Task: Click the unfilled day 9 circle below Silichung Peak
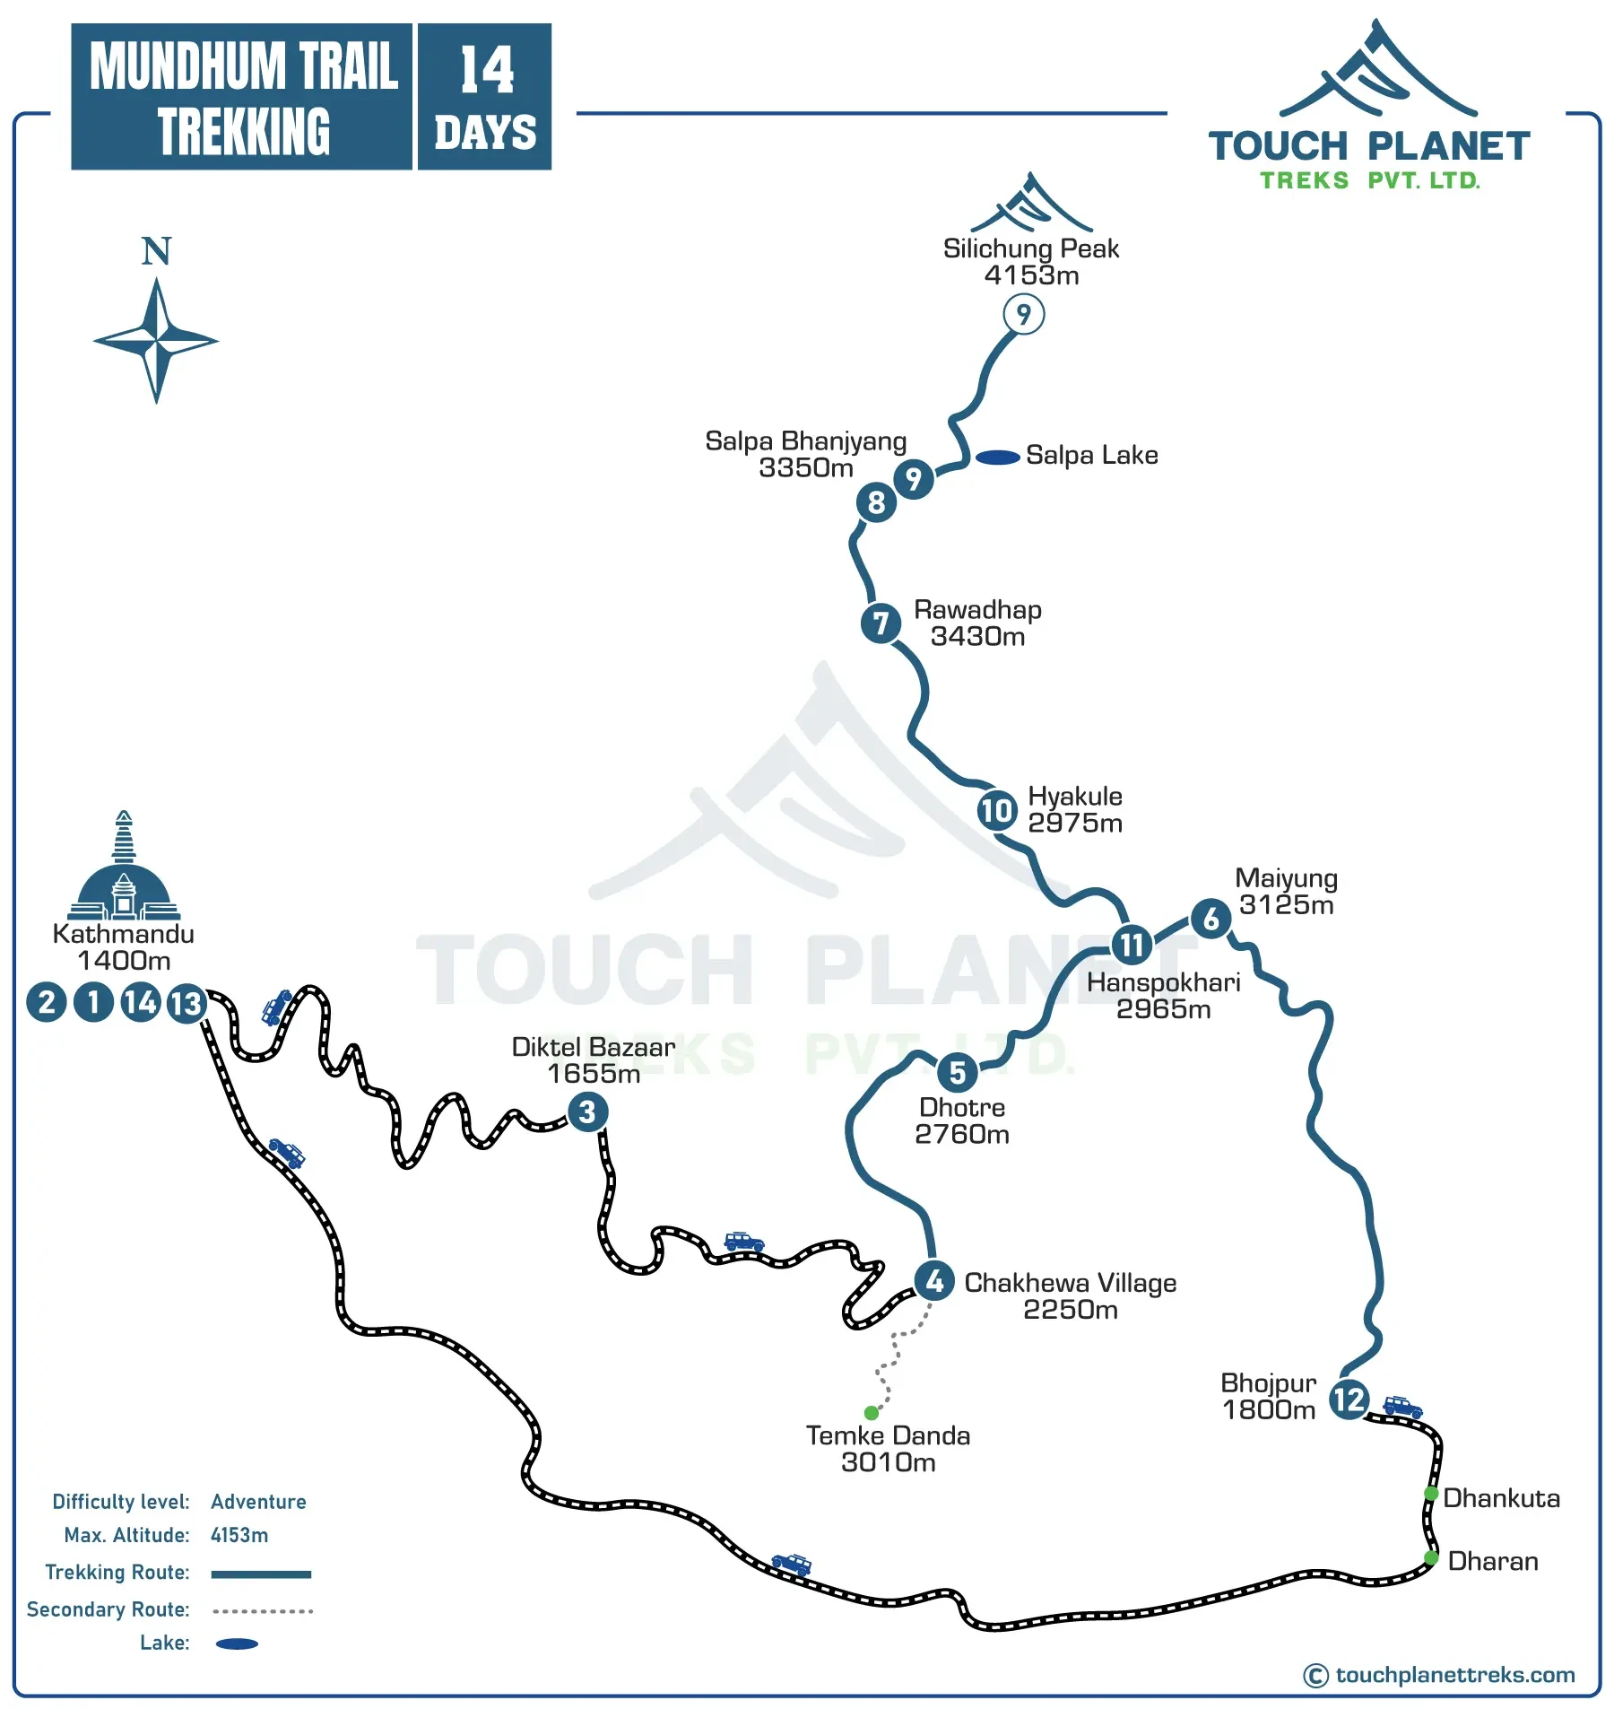point(1023,315)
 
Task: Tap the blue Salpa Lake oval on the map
point(997,458)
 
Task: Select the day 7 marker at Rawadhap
point(881,623)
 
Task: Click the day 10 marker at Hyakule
point(996,811)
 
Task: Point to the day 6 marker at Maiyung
point(1210,918)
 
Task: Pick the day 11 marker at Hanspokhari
point(1131,944)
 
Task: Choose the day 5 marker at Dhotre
point(957,1072)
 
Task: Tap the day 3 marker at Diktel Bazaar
point(587,1112)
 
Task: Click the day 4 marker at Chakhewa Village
point(934,1281)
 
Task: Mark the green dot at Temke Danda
point(871,1413)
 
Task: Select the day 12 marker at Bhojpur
point(1348,1399)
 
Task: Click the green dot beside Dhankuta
point(1431,1494)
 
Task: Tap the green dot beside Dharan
point(1431,1557)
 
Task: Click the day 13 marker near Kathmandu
point(187,1003)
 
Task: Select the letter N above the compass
point(156,251)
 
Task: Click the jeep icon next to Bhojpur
point(1402,1406)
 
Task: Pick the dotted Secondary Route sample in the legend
point(262,1611)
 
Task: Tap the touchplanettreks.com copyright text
point(1453,1675)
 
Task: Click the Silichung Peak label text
point(1030,249)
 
